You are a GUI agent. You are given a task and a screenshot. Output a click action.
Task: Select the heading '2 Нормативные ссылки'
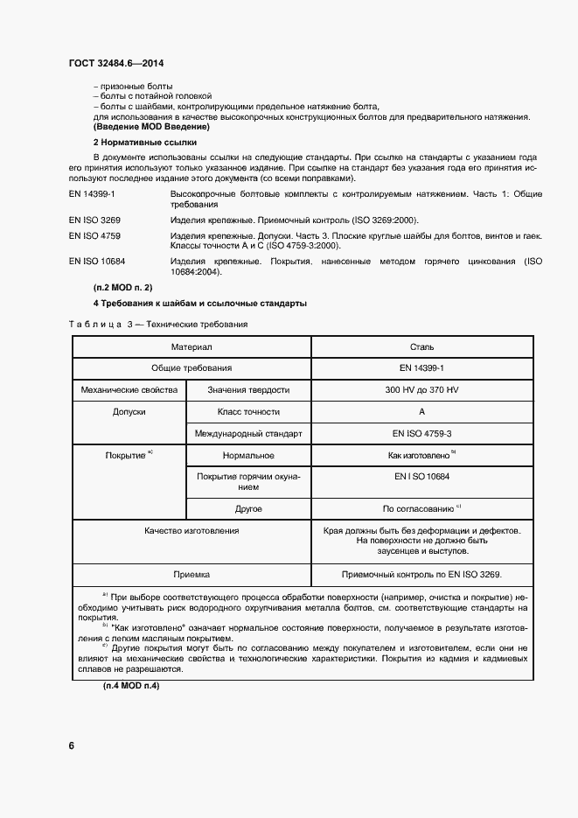point(144,141)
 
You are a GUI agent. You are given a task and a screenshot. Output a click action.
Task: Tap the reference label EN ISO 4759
point(94,236)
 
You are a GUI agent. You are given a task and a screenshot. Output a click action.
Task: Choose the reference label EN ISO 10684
point(97,262)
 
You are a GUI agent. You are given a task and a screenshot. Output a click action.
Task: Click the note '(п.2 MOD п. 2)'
point(123,287)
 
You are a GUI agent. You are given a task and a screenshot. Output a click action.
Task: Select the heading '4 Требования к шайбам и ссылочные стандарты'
point(199,304)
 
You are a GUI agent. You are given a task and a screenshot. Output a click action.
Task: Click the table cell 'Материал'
point(191,347)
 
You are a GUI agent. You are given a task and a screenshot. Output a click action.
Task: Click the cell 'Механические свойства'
point(129,390)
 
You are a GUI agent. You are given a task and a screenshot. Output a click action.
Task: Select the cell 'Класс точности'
point(248,411)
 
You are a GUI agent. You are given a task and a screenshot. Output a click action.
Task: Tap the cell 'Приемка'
point(191,575)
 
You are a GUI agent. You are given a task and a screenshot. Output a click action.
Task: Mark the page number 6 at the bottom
point(71,745)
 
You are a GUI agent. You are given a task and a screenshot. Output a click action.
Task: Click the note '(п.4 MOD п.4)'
point(126,685)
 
